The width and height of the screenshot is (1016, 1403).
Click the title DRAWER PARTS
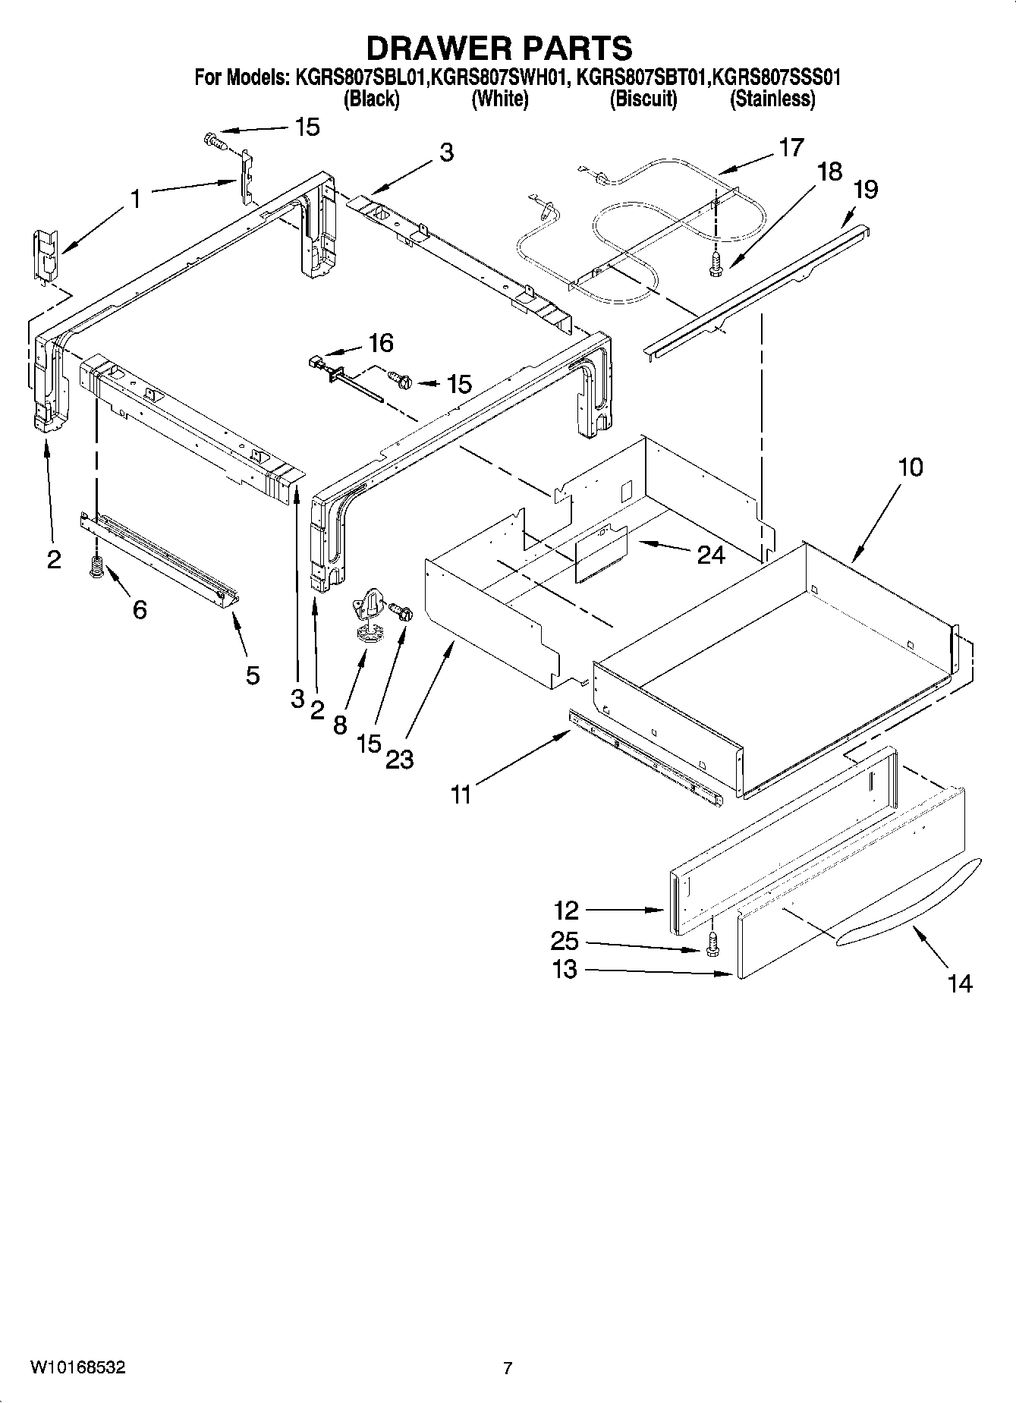tap(499, 48)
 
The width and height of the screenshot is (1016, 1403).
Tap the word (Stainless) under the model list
tap(772, 99)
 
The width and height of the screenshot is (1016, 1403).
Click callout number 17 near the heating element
tap(791, 147)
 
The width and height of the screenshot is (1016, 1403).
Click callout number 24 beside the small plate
tap(711, 555)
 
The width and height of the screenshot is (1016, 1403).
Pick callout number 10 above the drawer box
tap(911, 467)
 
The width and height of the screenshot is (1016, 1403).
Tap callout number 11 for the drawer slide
tap(461, 794)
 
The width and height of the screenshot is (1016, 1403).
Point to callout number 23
tap(400, 758)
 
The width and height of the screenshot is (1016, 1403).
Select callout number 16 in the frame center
tap(380, 343)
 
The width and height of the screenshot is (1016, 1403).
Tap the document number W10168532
tap(77, 1367)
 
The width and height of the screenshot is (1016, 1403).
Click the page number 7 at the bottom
tap(508, 1368)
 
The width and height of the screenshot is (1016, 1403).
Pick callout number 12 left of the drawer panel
tap(566, 910)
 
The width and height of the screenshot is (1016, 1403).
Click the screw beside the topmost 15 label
tap(213, 140)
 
